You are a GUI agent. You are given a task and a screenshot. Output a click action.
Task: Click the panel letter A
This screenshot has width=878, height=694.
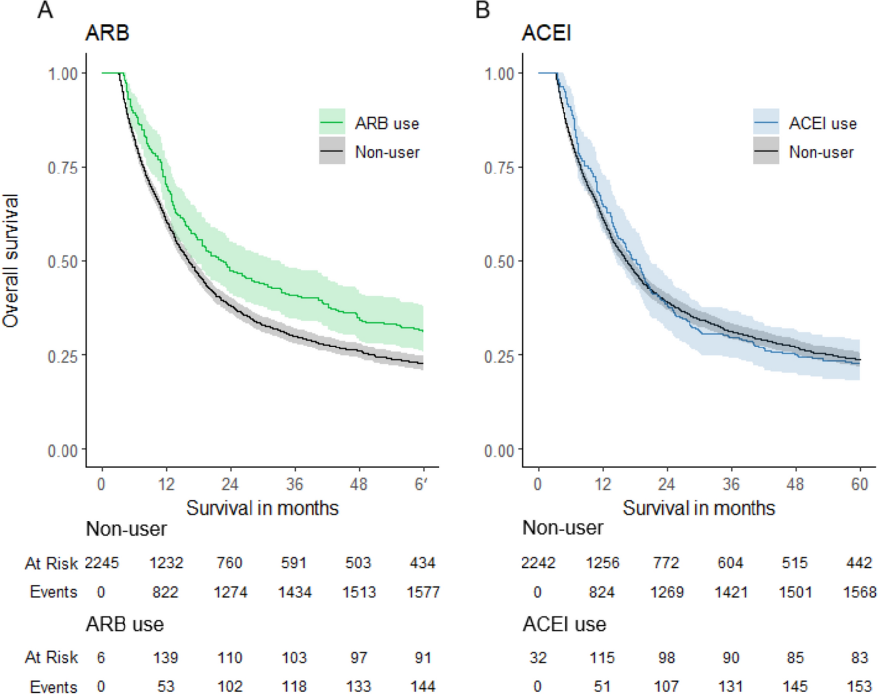click(x=45, y=10)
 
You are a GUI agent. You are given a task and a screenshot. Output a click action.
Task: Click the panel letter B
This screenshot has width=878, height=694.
click(x=482, y=10)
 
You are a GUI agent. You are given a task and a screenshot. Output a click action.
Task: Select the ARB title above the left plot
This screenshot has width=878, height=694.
click(x=107, y=33)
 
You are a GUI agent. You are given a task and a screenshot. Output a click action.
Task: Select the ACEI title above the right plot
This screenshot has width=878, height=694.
click(x=546, y=33)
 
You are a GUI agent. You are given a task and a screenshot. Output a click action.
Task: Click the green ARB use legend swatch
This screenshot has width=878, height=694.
click(x=331, y=122)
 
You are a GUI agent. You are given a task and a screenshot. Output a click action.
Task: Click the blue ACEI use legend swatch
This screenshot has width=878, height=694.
click(x=765, y=122)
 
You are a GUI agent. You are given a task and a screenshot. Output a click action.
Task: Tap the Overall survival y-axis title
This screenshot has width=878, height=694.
click(x=11, y=261)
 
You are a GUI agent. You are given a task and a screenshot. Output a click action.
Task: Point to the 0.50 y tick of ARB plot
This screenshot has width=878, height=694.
click(x=63, y=262)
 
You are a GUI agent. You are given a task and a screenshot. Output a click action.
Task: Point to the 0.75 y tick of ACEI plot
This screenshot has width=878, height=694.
click(x=499, y=168)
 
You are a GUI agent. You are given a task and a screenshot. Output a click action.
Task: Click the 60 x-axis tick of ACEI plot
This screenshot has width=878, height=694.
click(x=859, y=484)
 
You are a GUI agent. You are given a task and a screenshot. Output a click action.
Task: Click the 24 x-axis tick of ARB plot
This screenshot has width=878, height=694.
click(x=230, y=484)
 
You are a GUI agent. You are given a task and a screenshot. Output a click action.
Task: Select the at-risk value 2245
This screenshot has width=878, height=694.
click(x=102, y=563)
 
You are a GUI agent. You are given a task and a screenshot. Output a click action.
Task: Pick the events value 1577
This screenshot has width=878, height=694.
click(x=423, y=592)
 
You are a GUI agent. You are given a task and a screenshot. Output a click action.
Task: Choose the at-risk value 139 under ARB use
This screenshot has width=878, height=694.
click(x=165, y=657)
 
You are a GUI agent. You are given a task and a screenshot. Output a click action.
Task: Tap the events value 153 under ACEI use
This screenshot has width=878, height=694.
click(x=859, y=686)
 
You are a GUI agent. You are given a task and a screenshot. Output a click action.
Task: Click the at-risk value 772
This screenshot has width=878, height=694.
click(x=666, y=563)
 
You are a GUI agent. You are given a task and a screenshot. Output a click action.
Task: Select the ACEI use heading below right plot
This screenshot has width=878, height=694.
click(x=564, y=624)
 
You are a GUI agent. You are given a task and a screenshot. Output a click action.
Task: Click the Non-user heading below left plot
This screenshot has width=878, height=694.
click(x=126, y=529)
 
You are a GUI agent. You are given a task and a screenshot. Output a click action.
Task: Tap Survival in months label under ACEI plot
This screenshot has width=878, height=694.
click(x=698, y=508)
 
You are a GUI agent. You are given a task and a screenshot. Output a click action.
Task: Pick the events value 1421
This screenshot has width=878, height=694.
click(x=730, y=592)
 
